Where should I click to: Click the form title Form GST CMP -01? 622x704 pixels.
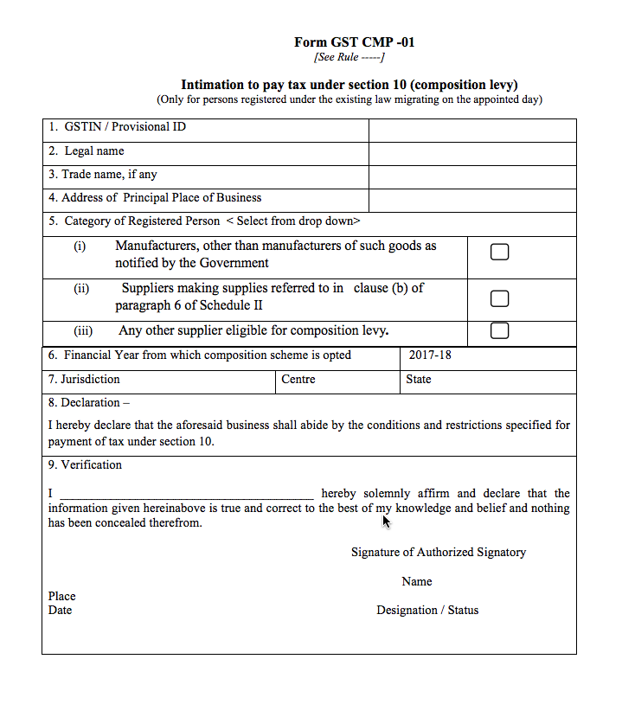349,42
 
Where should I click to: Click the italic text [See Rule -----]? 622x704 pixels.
349,57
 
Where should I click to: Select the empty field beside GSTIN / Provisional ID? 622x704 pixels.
471,131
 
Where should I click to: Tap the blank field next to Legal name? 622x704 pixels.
471,154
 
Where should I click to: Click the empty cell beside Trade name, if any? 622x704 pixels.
471,177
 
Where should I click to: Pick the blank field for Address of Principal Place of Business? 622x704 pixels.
471,201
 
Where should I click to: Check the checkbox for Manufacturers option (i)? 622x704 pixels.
499,253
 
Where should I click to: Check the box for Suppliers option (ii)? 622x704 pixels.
499,298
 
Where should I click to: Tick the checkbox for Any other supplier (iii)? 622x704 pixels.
499,330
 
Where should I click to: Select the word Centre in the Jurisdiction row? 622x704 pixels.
298,380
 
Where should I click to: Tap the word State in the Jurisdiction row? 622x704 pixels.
418,380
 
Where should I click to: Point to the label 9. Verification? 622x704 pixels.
85,465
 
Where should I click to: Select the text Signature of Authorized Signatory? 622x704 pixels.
438,553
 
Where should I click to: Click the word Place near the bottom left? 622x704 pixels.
62,597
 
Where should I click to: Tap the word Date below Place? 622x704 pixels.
61,611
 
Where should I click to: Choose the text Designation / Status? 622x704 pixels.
427,611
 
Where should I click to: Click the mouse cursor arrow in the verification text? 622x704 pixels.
387,521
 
